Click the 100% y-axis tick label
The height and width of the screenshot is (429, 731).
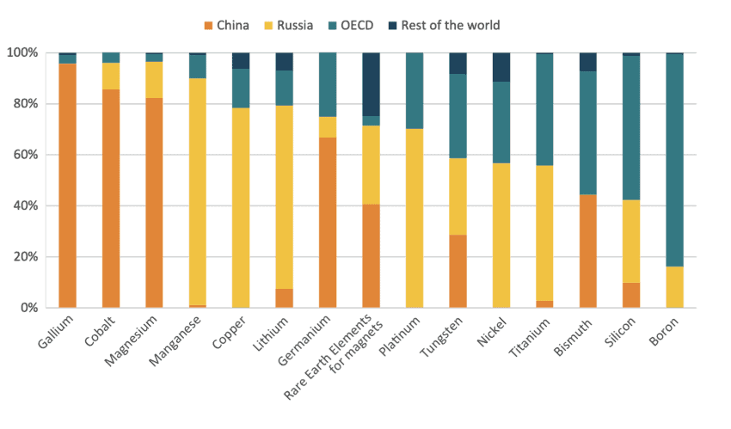coord(24,53)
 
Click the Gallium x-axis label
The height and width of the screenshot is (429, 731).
coord(57,332)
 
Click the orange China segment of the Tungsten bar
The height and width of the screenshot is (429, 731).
coord(458,271)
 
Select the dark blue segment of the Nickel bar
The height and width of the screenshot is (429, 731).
coord(501,67)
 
